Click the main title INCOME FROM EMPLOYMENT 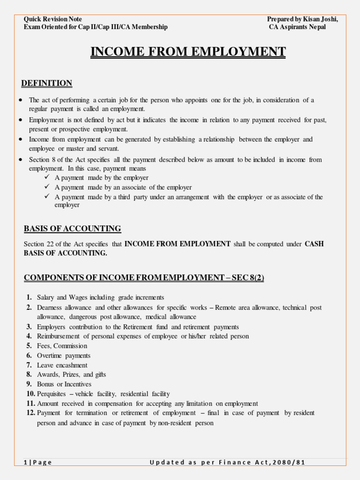188,51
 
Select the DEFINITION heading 47,83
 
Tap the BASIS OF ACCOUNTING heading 72,229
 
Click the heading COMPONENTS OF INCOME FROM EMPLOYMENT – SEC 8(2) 144,278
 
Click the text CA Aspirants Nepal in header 297,27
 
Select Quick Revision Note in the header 53,19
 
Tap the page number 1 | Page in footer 38,462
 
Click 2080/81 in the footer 290,462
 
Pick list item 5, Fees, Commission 62,346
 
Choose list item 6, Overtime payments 64,356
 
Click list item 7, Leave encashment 62,365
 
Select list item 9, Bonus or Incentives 64,384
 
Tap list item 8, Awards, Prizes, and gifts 71,375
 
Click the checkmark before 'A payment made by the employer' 47,178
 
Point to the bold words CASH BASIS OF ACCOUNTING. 173,248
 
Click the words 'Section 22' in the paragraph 38,244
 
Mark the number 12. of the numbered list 30,413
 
